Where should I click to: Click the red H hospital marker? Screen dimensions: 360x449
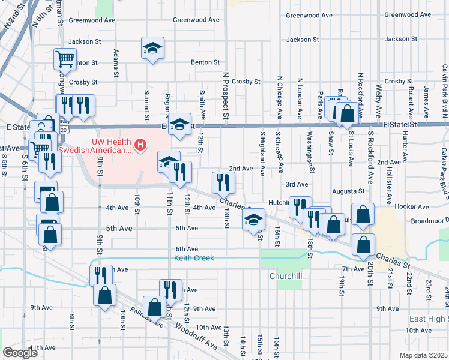point(140,145)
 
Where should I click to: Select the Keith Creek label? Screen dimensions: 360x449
point(194,258)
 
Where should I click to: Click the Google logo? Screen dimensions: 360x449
point(20,352)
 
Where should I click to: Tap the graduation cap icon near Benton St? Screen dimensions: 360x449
point(152,48)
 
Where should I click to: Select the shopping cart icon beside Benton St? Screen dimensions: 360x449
point(65,59)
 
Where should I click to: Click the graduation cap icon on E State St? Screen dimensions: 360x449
point(179,124)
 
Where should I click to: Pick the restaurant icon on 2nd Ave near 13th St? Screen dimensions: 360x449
point(221,182)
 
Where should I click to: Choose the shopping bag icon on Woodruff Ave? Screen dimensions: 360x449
point(155,307)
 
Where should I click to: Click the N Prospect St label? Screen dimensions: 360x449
point(226,96)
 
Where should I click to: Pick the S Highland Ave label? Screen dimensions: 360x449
point(262,154)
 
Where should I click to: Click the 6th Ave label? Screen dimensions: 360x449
point(187,249)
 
